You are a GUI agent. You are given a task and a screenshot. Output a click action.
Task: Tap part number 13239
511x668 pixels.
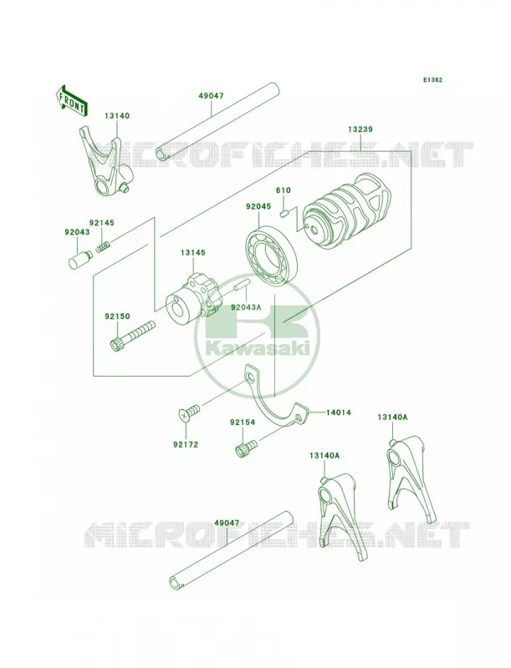point(360,129)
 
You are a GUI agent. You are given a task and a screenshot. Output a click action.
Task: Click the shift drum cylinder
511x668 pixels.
point(346,209)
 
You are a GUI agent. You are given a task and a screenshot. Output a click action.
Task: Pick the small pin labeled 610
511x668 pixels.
point(284,212)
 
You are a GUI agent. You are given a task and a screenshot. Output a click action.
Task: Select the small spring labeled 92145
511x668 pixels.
point(103,246)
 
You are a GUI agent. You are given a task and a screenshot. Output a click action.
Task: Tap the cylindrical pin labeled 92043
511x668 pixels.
point(79,259)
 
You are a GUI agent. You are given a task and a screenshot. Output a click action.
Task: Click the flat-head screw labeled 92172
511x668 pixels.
point(188,412)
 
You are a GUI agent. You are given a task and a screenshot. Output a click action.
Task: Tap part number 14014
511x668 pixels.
point(339,412)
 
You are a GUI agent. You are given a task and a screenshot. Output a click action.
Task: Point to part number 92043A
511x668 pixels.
point(246,306)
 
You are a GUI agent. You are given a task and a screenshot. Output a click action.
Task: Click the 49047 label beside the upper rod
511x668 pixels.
point(211,96)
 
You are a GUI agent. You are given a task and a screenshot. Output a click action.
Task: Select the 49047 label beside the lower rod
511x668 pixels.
point(227,523)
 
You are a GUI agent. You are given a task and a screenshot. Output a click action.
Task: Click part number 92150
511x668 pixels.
point(117,316)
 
